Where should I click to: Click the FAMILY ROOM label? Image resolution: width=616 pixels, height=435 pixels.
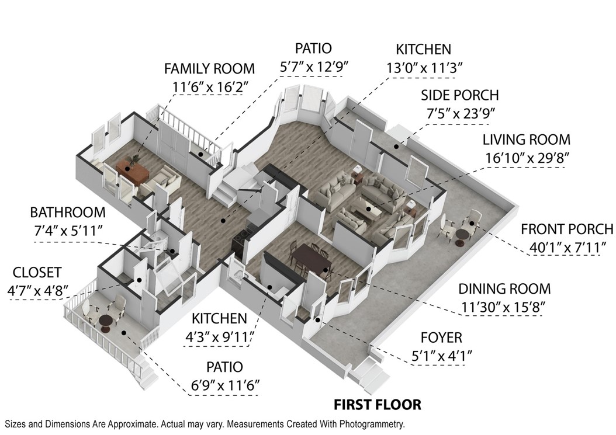pos(209,68)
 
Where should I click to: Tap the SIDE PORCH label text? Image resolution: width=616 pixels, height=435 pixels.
pos(459,95)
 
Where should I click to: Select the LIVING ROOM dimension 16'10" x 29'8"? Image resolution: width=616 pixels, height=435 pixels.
pos(527,158)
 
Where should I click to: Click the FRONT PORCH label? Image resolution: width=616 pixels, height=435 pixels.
pos(567,229)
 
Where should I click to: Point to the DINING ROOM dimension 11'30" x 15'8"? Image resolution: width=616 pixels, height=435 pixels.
pos(503,307)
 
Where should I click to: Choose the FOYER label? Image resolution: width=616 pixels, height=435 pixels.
pos(442,337)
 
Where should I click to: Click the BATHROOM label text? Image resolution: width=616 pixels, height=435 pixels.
pos(68,213)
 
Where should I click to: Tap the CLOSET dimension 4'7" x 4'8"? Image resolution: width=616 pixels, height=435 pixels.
pos(38,291)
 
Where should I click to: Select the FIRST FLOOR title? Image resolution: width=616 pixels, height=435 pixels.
pos(377,405)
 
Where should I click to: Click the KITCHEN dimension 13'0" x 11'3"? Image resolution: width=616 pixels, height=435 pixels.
pos(424,68)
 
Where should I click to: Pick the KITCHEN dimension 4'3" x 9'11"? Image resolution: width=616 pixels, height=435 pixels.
pos(219,337)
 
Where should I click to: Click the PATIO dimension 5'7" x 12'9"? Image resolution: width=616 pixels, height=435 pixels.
pos(314,67)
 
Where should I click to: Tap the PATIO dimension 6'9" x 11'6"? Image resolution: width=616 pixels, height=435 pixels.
pos(225,386)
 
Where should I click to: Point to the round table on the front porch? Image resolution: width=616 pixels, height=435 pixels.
pos(462,236)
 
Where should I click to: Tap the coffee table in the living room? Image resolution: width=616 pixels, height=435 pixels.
pos(366,208)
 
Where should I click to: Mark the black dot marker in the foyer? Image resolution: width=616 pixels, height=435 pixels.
pos(317,321)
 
